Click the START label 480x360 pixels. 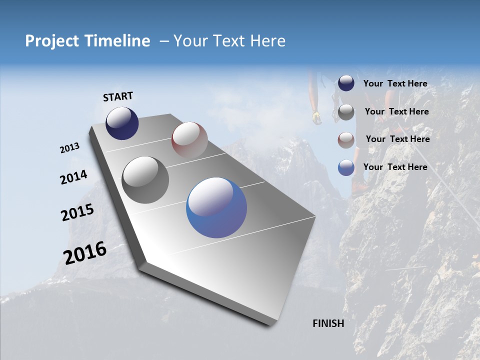pyautogui.click(x=118, y=96)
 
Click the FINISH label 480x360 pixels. pyautogui.click(x=328, y=323)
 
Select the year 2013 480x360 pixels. pyautogui.click(x=70, y=148)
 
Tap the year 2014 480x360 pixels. pyautogui.click(x=74, y=177)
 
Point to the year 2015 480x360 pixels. pyautogui.click(x=77, y=212)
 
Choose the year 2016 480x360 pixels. pyautogui.click(x=85, y=252)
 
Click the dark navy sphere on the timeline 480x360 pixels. pyautogui.click(x=122, y=123)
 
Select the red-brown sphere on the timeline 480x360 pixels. pyautogui.click(x=189, y=140)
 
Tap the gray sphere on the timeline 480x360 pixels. pyautogui.click(x=145, y=180)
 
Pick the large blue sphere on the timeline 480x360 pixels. pyautogui.click(x=216, y=207)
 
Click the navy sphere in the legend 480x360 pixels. pyautogui.click(x=346, y=83)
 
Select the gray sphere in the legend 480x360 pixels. pyautogui.click(x=346, y=112)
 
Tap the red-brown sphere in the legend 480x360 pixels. pyautogui.click(x=346, y=140)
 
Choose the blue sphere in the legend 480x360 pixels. pyautogui.click(x=346, y=167)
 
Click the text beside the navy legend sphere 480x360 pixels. pyautogui.click(x=395, y=84)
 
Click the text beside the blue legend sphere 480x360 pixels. pyautogui.click(x=395, y=167)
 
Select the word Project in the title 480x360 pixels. pyautogui.click(x=51, y=41)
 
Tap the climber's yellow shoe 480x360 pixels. pyautogui.click(x=316, y=117)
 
